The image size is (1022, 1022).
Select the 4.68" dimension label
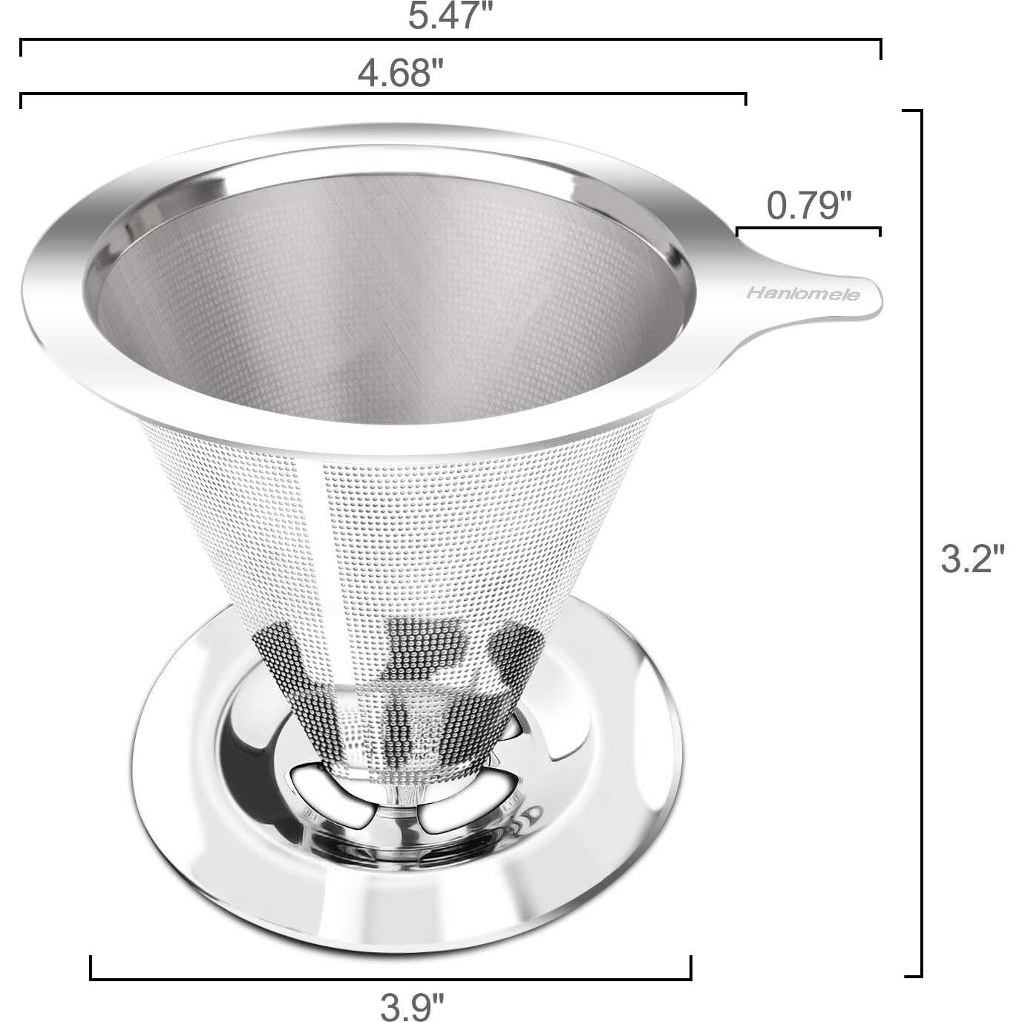pos(400,73)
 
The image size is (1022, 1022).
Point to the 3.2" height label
pos(972,559)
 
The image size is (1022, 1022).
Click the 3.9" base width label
pos(413,1006)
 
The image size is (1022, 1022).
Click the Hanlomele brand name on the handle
pos(803,295)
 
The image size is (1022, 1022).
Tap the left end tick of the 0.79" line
pos(737,232)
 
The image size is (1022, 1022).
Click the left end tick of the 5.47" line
pos(21,48)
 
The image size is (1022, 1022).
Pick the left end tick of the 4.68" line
pos(21,101)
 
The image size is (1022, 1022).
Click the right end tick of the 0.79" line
pos(880,232)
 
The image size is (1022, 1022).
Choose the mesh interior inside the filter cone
pos(386,312)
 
